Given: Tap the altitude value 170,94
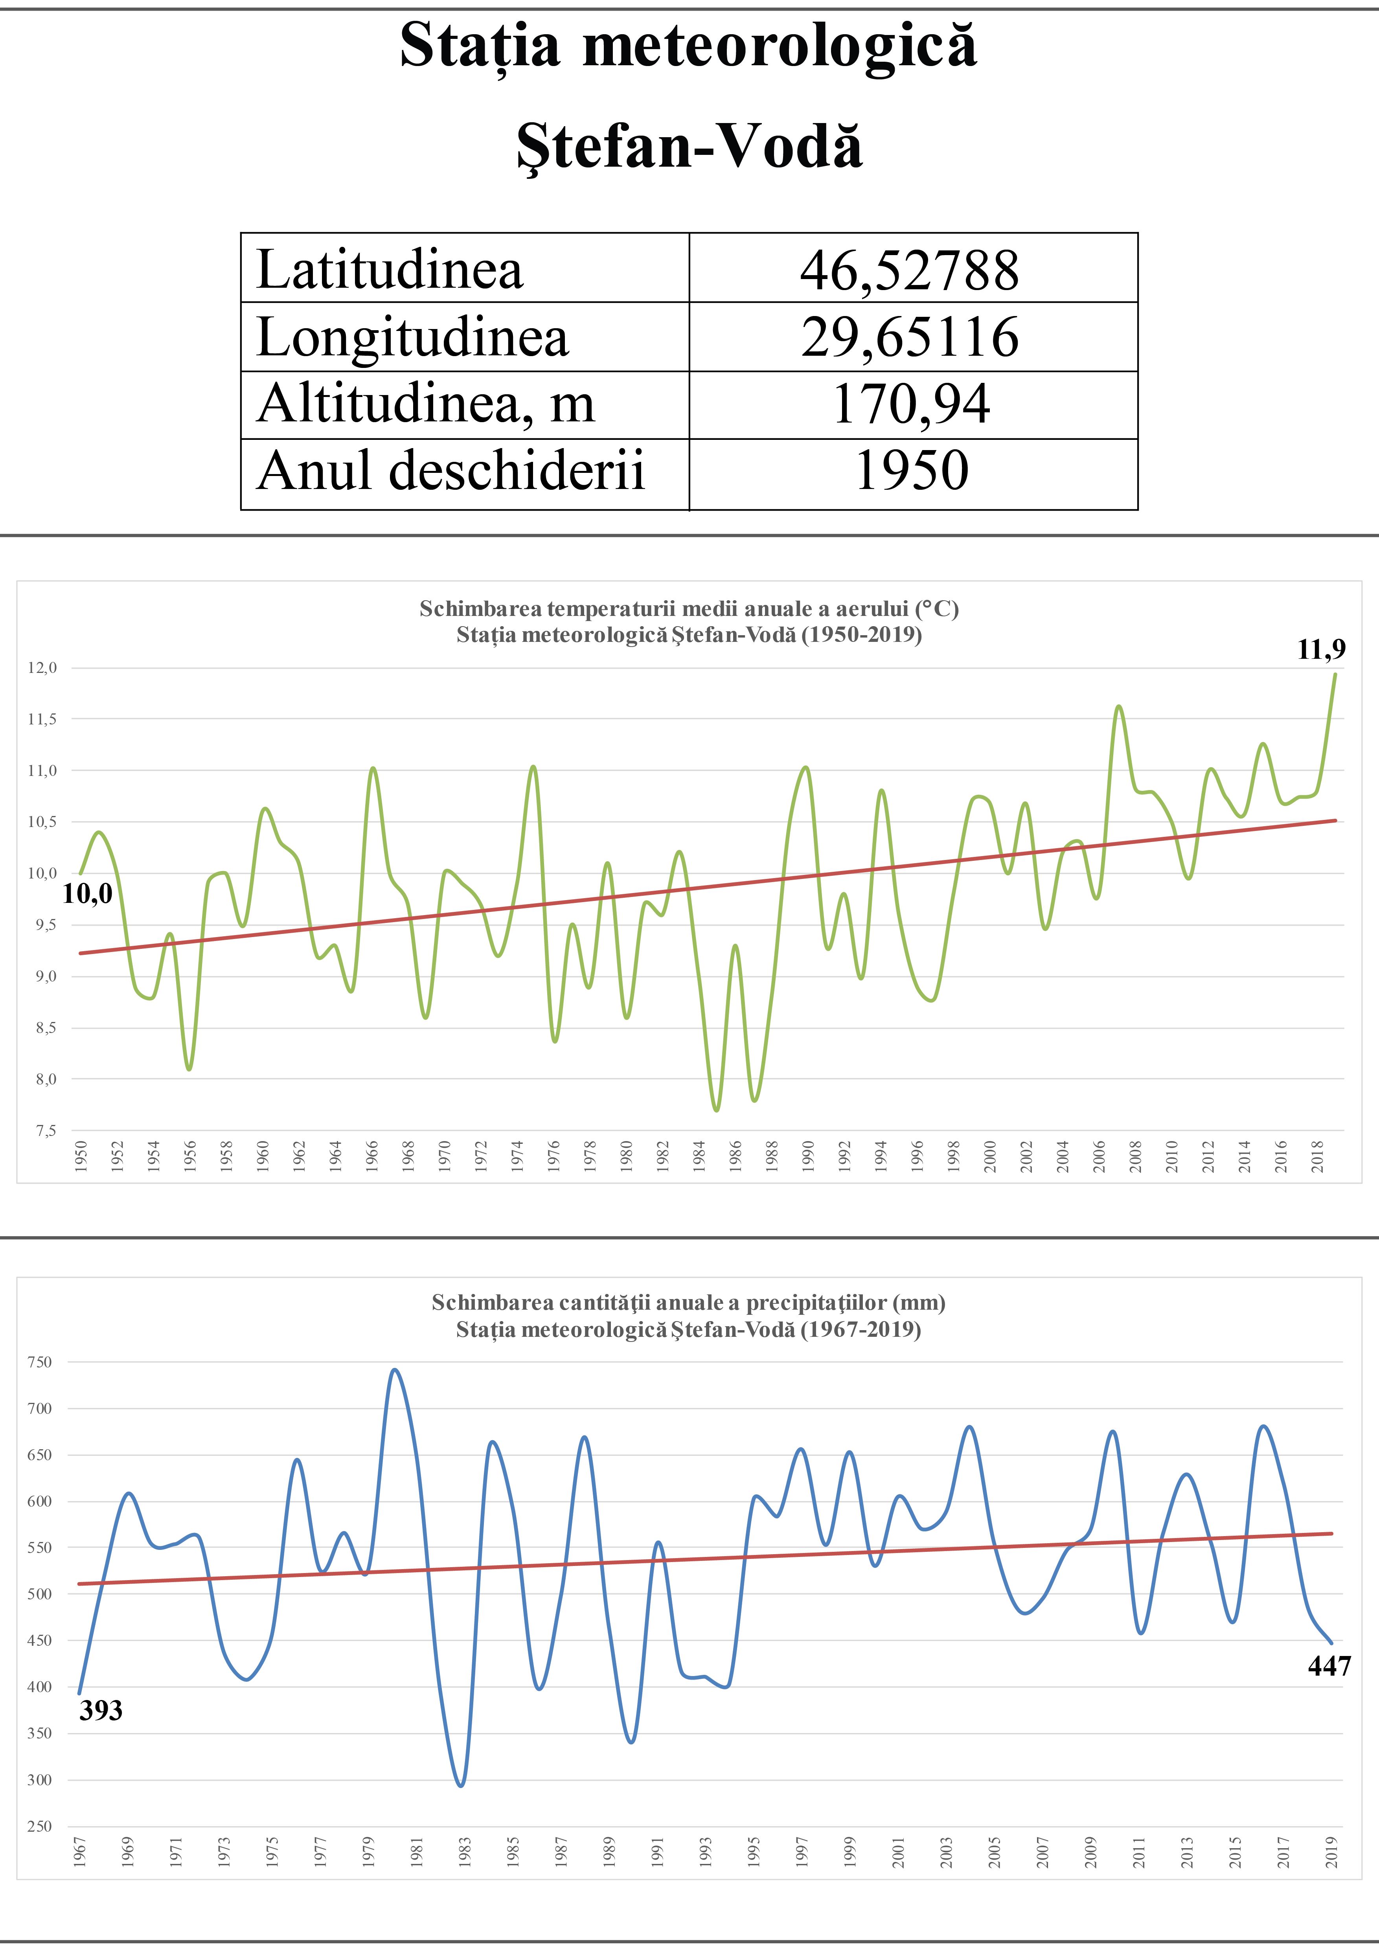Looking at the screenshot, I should (x=910, y=404).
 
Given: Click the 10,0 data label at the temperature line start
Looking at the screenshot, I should (x=87, y=893).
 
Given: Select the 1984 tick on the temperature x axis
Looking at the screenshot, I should (x=699, y=1157).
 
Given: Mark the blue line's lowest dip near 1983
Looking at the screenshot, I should (x=461, y=1786).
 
